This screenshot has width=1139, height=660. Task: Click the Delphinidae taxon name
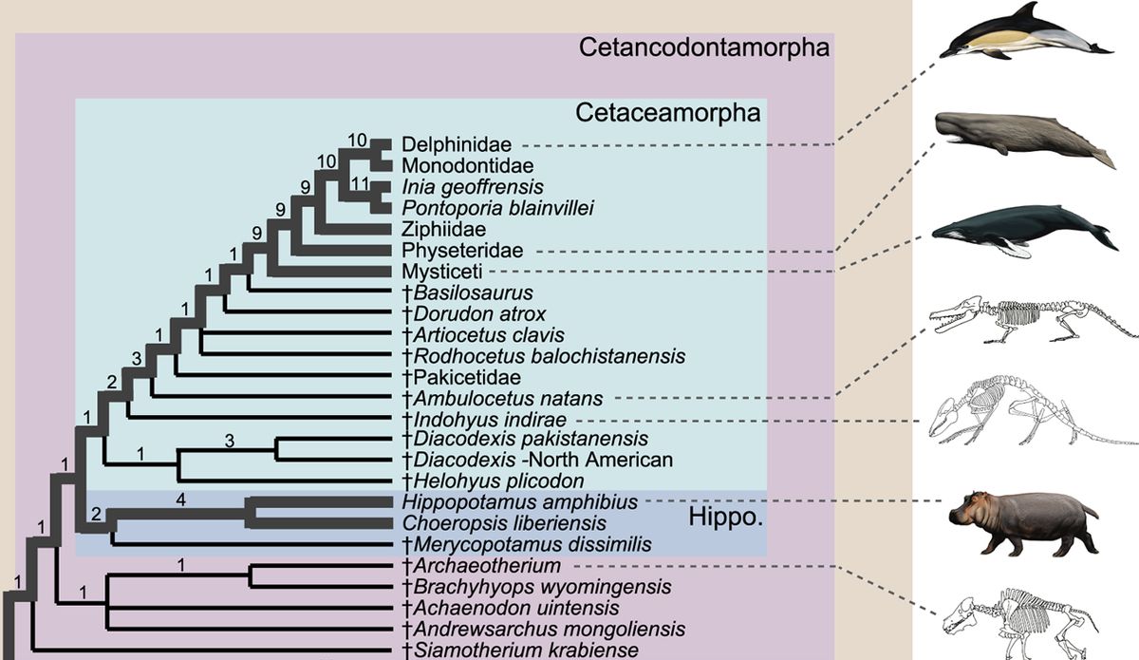tap(457, 144)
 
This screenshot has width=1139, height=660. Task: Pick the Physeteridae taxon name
tap(460, 250)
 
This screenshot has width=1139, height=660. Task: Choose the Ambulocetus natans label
tap(507, 397)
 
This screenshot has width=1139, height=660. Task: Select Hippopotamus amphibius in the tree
tap(519, 500)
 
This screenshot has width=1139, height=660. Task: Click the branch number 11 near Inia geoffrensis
tap(360, 181)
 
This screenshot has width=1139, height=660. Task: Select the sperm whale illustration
tap(1025, 138)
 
